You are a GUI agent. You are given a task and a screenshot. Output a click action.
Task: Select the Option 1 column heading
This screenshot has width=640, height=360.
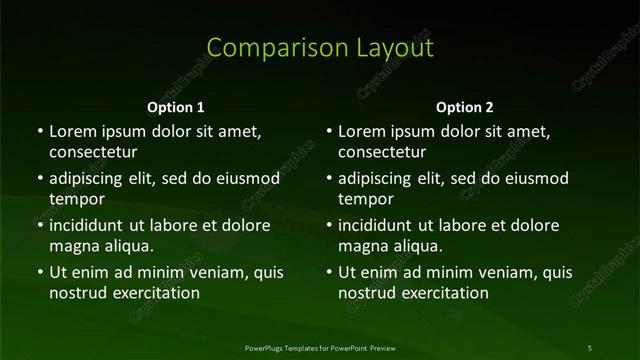coord(175,107)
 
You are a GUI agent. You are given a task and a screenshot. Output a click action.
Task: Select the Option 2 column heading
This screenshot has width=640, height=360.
coord(465,107)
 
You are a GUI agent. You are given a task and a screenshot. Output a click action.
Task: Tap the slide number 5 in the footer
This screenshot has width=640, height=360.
coord(590,347)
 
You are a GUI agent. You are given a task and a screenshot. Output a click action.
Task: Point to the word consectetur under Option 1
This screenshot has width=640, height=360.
coord(92,153)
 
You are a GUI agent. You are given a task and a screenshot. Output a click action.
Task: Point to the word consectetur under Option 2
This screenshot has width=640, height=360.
coord(382,153)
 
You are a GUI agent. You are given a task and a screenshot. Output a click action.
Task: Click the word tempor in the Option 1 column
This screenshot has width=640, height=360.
coord(77,199)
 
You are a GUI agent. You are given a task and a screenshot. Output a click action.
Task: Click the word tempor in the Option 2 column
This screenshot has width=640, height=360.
coord(367,199)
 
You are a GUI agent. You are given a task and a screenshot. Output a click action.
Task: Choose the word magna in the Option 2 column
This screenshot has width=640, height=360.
coord(362,245)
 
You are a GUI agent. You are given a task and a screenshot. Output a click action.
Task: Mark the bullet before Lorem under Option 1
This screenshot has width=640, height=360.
coord(39,132)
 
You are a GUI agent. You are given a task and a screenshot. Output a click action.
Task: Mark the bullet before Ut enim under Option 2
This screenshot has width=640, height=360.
coord(329,272)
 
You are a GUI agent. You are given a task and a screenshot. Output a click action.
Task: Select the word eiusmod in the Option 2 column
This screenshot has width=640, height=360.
coord(535,179)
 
